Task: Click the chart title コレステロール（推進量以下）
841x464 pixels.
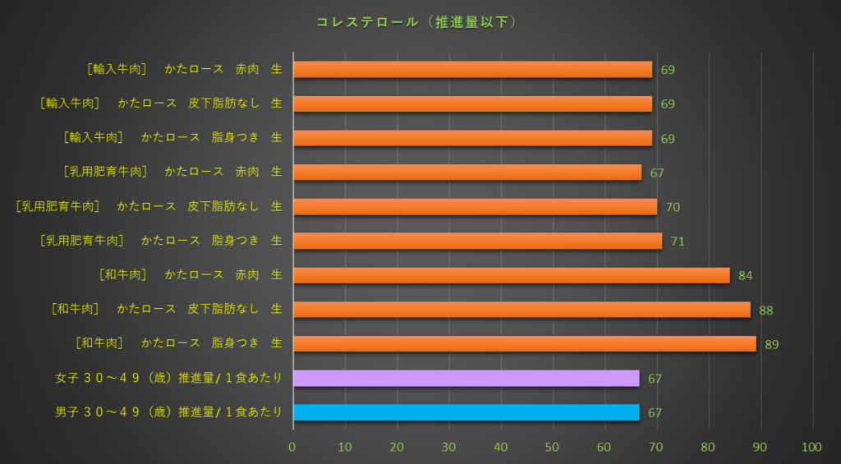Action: [x=417, y=22]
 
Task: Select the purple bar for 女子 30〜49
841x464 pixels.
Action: [x=466, y=378]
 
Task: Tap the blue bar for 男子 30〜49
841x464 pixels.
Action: [x=466, y=412]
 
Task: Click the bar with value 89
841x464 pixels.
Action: [x=524, y=344]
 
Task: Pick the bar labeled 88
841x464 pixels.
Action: [x=522, y=310]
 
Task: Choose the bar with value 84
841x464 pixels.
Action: [x=511, y=275]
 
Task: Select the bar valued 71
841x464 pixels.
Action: [x=477, y=241]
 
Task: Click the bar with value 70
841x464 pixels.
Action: [x=475, y=206]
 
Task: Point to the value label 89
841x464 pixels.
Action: [x=771, y=344]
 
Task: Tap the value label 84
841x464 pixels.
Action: [x=745, y=275]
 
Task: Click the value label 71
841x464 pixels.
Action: [x=678, y=241]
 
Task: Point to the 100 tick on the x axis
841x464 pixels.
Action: [x=811, y=448]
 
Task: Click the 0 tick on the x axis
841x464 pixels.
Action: [x=292, y=448]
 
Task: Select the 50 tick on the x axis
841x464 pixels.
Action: [x=553, y=448]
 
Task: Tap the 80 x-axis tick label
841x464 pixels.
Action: [x=709, y=448]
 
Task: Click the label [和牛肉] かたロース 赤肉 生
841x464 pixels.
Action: [x=191, y=275]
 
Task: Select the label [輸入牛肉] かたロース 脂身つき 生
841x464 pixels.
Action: [x=173, y=138]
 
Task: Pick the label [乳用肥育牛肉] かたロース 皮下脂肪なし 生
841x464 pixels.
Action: [x=149, y=206]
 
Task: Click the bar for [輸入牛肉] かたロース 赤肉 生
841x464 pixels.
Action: [x=472, y=69]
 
